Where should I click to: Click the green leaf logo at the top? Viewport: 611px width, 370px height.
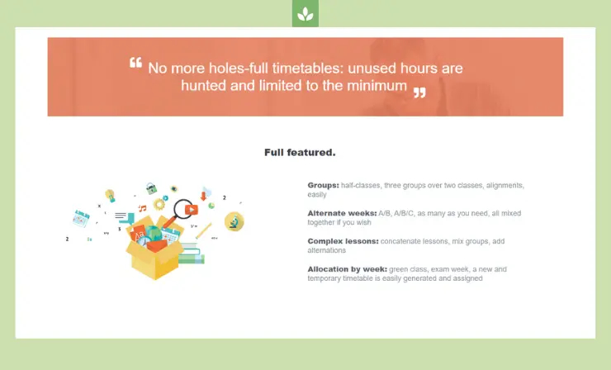click(305, 14)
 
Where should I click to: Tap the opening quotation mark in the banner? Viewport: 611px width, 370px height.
click(135, 63)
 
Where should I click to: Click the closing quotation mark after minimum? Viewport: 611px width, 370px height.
click(419, 92)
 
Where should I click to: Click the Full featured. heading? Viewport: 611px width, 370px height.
click(300, 153)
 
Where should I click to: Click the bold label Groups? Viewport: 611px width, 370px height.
click(323, 185)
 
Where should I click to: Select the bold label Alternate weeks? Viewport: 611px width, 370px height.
click(342, 213)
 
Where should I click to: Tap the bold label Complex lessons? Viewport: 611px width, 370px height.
click(343, 241)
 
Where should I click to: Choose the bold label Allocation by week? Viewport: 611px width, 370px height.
click(347, 269)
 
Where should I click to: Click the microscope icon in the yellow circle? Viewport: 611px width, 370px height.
click(234, 221)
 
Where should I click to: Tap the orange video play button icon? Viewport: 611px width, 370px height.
click(192, 210)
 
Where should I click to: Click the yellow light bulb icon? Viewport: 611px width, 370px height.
click(111, 196)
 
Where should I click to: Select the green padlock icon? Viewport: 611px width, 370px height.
click(152, 188)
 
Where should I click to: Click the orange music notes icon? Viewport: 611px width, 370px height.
click(142, 208)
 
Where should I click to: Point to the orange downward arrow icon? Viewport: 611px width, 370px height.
click(203, 196)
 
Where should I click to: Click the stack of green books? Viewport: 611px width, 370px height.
click(192, 254)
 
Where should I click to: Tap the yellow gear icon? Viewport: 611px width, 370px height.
click(159, 204)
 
